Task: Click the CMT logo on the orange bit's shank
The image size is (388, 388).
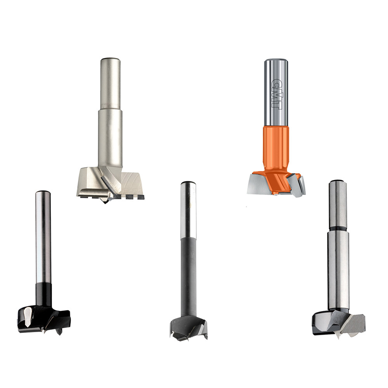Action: [276, 93]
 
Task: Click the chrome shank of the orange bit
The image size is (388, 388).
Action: [276, 93]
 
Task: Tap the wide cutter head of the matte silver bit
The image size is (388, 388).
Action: [110, 183]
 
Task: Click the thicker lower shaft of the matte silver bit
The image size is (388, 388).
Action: [110, 139]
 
